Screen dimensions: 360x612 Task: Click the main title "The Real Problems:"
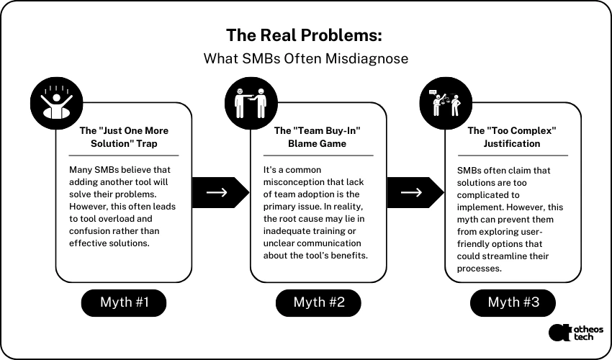[305, 35]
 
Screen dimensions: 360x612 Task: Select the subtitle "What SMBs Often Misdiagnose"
[305, 58]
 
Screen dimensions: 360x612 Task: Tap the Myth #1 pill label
[123, 302]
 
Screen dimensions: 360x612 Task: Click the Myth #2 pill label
[318, 302]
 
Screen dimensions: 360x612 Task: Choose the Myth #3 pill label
[513, 302]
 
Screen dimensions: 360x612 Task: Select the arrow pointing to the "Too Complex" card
[412, 192]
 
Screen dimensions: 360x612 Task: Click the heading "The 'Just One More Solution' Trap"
[123, 137]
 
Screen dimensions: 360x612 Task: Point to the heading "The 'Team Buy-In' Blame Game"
[318, 137]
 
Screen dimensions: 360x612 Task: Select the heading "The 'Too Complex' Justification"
[513, 137]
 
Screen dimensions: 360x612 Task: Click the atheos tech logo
[575, 332]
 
